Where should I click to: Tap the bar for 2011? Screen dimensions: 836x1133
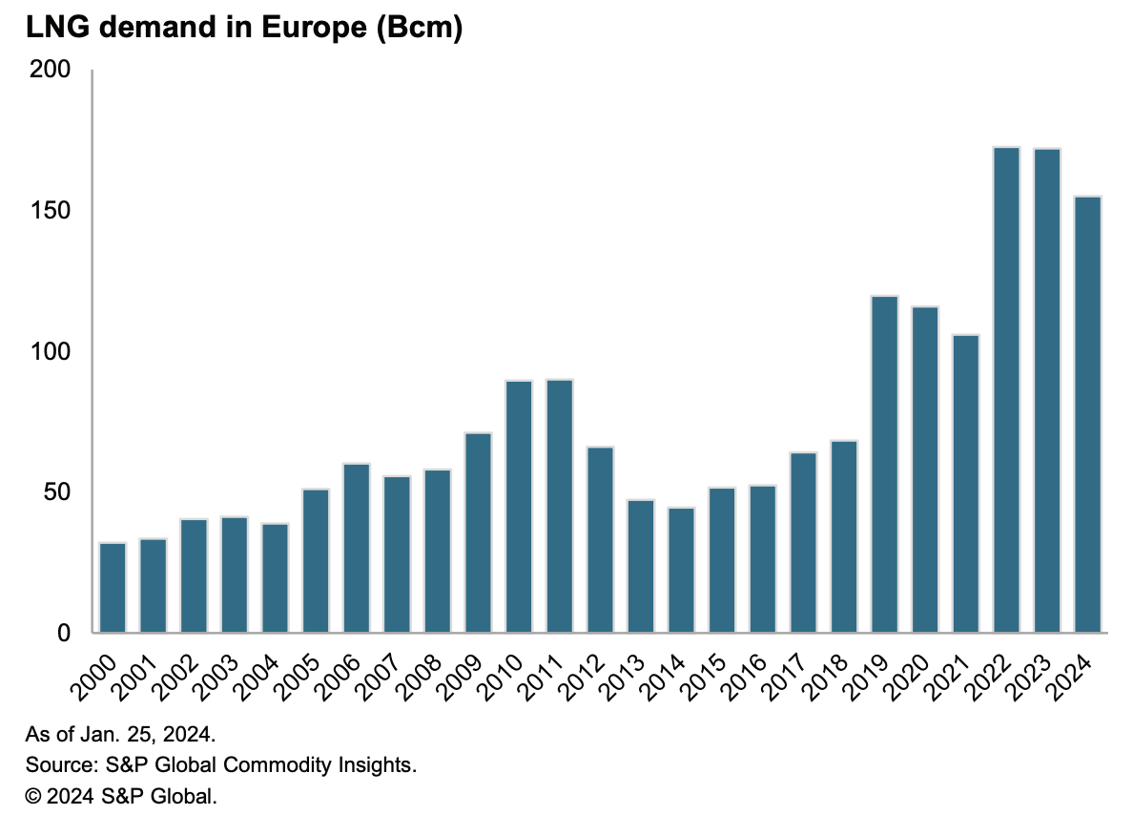coord(560,506)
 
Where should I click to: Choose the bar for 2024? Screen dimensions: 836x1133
coord(1087,414)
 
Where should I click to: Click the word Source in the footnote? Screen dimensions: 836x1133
coord(55,765)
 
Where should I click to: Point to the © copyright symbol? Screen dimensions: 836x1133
coord(33,795)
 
